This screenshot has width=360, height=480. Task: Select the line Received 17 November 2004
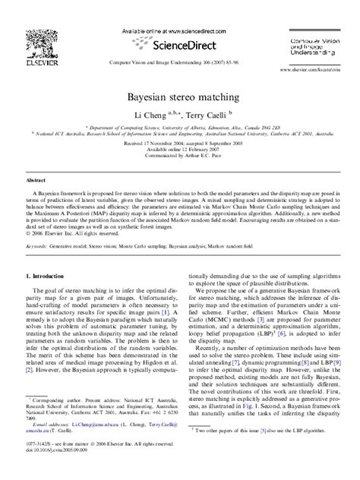pyautogui.click(x=180, y=141)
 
